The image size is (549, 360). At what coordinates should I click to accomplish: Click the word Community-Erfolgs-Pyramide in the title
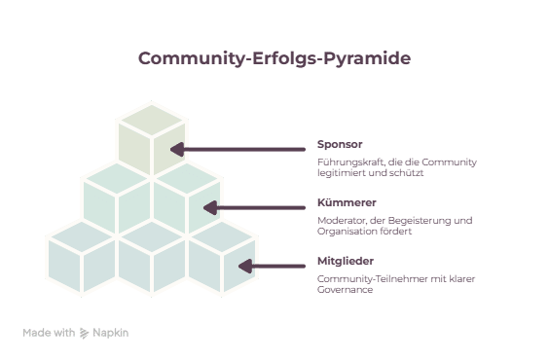tap(274, 58)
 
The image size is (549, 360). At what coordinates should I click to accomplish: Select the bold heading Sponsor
tap(340, 144)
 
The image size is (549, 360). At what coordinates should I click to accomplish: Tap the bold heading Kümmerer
tap(347, 202)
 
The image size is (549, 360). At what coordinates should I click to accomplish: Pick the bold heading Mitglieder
tap(346, 261)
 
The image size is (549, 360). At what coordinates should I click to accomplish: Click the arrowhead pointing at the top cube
tap(177, 150)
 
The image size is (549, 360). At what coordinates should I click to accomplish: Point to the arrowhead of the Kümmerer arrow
tap(210, 208)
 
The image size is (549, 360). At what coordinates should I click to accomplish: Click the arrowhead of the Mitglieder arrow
tap(245, 267)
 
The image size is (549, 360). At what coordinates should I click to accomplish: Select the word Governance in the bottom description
tap(345, 290)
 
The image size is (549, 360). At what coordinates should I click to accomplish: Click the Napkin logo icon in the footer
tap(84, 333)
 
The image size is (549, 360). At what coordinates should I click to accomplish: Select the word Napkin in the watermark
tap(111, 333)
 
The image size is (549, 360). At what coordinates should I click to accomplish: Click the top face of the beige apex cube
tap(152, 120)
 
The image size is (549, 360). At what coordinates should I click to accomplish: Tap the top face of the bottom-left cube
tap(82, 236)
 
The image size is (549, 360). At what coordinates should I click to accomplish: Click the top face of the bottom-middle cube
tap(152, 236)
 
